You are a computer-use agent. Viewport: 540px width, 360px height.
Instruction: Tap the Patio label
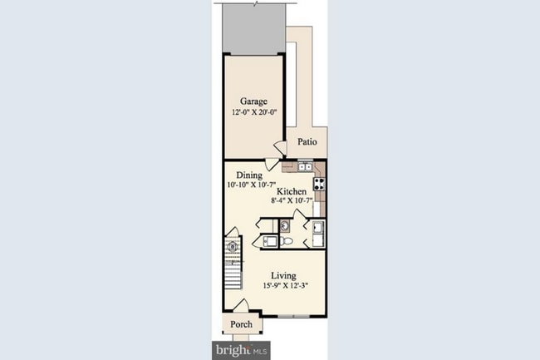pos(307,142)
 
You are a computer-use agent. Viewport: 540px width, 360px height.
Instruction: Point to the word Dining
pos(249,175)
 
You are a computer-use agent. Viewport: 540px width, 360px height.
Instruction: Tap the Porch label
pos(241,324)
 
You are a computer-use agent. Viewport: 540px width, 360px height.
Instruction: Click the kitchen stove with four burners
pos(318,184)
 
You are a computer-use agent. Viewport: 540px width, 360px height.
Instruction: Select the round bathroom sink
pos(284,224)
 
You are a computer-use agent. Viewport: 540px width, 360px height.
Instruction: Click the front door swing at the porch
pos(243,306)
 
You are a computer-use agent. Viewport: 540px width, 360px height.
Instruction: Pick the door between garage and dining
pos(279,150)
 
